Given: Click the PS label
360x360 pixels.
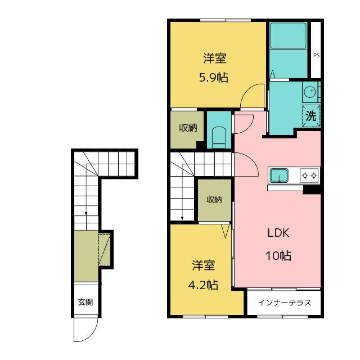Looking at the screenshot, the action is coord(316,55).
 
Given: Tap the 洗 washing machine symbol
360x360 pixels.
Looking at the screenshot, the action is coord(311,115).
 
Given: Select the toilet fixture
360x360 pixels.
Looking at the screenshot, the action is coord(219,138).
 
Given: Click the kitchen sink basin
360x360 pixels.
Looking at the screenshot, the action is coord(279,175).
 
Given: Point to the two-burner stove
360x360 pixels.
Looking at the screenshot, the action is coord(309,175).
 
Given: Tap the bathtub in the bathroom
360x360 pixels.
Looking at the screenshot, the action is coord(289,35).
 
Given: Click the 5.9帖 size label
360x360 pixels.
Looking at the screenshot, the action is coord(214,78).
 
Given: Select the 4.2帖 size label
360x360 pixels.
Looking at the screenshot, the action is coord(203,285).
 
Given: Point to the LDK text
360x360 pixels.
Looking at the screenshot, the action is coord(278,233).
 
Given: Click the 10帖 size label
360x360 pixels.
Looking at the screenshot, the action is coord(278,255).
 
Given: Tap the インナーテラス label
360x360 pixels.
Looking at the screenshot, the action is coord(284,303).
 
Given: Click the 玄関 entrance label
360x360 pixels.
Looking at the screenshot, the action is coord(85,302).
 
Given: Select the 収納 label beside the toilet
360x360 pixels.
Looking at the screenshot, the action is coord(188,128).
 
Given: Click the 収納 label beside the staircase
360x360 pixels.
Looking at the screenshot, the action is coord(214,200).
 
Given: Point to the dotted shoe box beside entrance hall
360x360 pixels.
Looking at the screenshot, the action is coord(104,250).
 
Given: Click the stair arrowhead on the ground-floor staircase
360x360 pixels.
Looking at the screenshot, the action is coord(86,214).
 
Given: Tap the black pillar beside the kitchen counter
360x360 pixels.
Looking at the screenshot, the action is coord(312,190).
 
